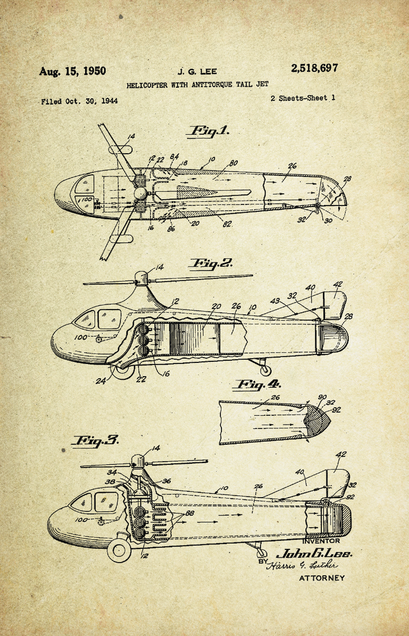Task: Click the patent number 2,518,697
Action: pos(314,68)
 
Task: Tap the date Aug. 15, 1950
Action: pos(73,71)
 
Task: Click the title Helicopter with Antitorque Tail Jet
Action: pos(197,85)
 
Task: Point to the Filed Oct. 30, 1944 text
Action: pos(79,101)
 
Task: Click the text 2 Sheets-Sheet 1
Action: pos(303,99)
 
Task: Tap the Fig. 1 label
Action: pos(209,131)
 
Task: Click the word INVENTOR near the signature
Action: pos(321,541)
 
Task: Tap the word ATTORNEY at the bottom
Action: pos(322,578)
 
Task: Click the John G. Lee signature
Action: pos(314,553)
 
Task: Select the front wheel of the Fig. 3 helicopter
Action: pos(119,550)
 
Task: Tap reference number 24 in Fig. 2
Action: pos(101,381)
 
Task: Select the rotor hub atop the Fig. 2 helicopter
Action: pos(141,278)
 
